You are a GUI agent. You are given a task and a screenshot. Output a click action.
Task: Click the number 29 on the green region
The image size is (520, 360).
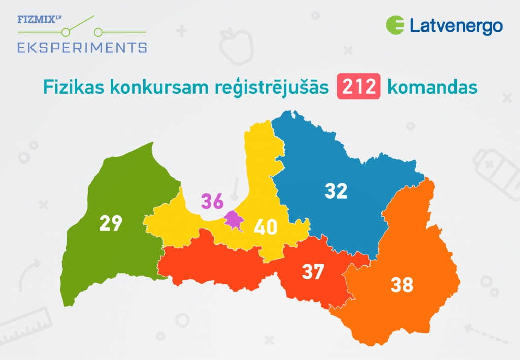click(x=111, y=223)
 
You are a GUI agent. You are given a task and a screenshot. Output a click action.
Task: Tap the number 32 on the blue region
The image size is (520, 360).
click(x=336, y=190)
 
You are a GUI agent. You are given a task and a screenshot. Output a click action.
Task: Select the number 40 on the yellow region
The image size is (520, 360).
click(x=266, y=226)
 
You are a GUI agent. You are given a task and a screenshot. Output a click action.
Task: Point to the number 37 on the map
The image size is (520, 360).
click(x=313, y=272)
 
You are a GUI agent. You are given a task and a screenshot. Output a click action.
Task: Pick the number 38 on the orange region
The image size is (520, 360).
click(x=402, y=285)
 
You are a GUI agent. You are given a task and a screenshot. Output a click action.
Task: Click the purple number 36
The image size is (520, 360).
click(x=212, y=201)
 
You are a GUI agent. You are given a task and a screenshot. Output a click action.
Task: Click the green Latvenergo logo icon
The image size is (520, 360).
click(x=395, y=25)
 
